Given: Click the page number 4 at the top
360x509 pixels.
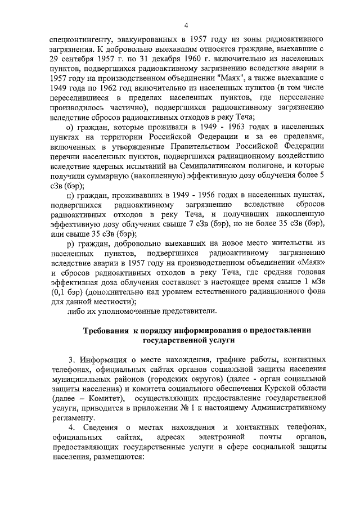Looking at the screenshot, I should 186,25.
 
